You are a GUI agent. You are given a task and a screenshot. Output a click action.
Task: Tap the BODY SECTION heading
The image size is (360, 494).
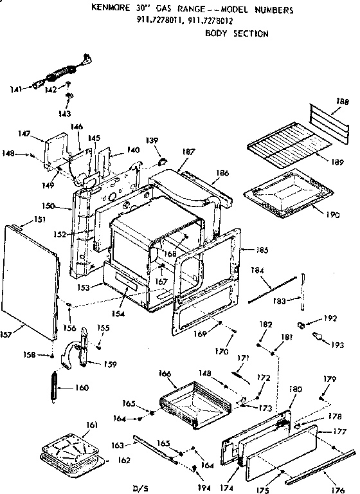pyautogui.click(x=237, y=33)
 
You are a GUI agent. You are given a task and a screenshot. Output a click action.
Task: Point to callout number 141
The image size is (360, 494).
pyautogui.click(x=15, y=89)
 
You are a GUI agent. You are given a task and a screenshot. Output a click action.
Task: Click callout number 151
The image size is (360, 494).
pyautogui.click(x=21, y=219)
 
